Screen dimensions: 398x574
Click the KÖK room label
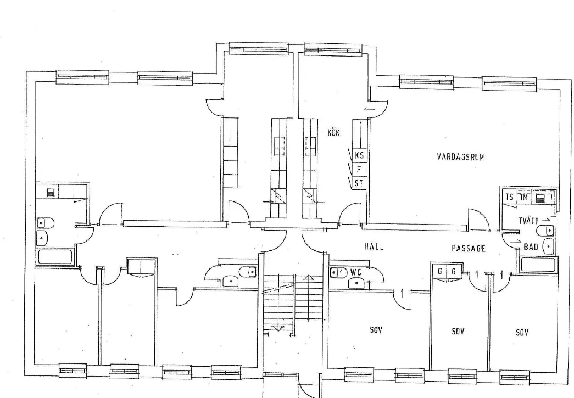(x=333, y=132)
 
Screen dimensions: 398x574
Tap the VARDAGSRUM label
(x=460, y=156)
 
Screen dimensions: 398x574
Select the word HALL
(x=374, y=247)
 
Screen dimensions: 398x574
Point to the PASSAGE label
(x=469, y=249)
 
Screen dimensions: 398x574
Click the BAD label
(x=531, y=247)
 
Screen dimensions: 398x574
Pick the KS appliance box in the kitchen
(x=359, y=155)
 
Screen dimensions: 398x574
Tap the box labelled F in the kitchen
(x=359, y=170)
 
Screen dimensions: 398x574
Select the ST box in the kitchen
(x=359, y=183)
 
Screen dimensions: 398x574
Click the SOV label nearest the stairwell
(x=376, y=330)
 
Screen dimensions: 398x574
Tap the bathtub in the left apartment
(x=55, y=257)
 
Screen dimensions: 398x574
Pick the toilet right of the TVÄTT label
(x=546, y=230)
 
